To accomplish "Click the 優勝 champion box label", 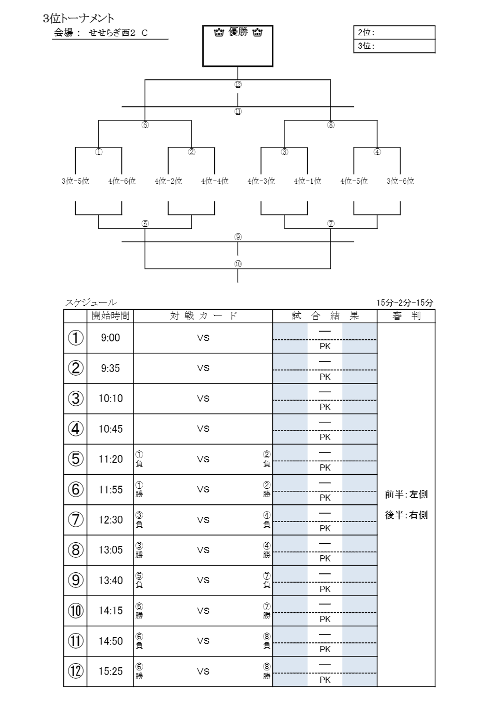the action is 238,32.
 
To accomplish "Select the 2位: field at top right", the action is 394,32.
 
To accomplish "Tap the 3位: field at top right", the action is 394,46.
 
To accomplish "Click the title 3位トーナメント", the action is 78,19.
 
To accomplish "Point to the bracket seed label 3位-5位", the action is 75,181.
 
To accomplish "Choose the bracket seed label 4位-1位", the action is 308,181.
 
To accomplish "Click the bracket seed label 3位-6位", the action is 400,181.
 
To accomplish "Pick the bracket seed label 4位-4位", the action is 215,181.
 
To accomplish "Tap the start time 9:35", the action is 111,368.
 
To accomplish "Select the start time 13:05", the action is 111,550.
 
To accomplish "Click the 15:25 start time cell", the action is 111,671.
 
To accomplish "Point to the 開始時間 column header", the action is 111,316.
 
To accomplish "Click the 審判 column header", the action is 406,316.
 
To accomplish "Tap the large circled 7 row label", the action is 75,519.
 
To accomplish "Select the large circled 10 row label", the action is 75,611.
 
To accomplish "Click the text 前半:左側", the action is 406,494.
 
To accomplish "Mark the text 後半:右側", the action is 406,515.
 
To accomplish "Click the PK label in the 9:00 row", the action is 325,346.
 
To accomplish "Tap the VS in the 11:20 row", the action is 203,459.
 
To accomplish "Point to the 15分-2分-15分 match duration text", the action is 405,303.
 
